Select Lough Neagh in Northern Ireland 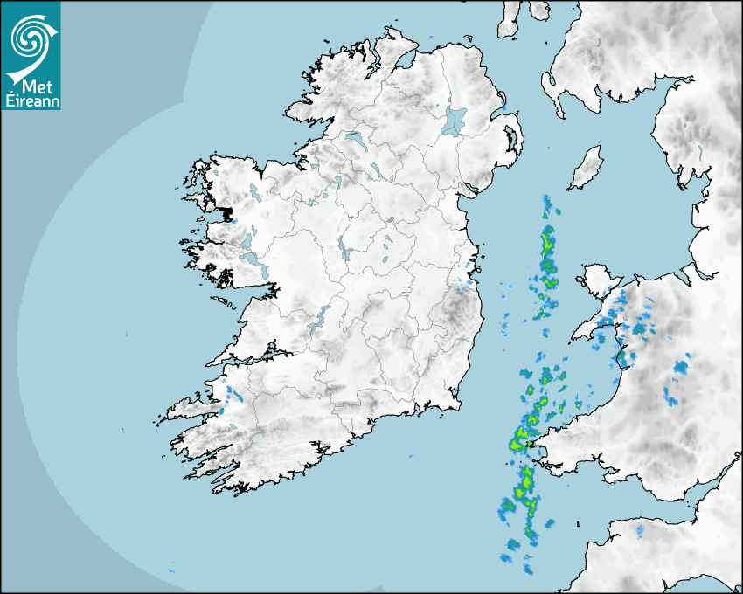pos(455,121)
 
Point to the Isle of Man pos(586,169)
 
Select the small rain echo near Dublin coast pos(464,281)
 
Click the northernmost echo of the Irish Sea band pos(547,206)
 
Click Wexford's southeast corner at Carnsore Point pos(457,404)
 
